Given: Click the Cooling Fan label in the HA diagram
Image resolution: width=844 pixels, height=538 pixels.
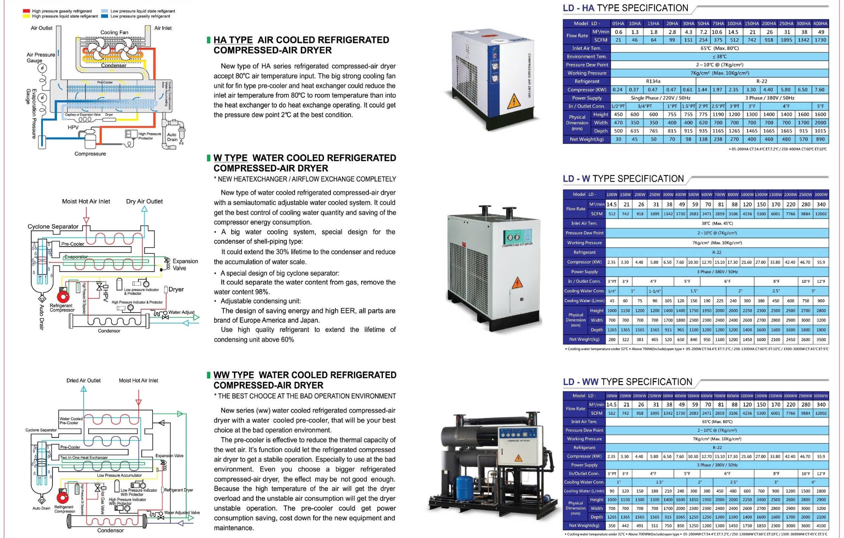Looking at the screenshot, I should click(114, 32).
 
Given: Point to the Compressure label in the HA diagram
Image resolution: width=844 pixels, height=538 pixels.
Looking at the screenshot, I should click(90, 154).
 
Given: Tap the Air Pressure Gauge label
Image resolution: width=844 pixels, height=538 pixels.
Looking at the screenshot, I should click(40, 57).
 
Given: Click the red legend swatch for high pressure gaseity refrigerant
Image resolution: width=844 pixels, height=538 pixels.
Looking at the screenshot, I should click(26, 11).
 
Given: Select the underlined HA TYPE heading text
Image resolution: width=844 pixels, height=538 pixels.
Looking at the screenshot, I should click(233, 40).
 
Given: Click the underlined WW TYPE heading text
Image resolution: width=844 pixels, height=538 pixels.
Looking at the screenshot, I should click(233, 375).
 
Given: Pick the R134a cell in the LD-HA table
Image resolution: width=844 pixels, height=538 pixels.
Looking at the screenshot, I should click(653, 81).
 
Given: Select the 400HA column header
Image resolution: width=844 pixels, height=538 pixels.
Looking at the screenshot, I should click(820, 23).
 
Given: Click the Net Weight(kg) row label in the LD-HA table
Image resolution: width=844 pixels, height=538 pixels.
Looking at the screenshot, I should click(586, 139).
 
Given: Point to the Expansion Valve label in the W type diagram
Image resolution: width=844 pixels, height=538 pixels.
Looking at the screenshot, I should click(185, 265).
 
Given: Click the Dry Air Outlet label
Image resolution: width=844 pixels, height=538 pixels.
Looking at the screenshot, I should click(144, 202).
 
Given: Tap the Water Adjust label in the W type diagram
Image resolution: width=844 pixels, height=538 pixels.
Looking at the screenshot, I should click(181, 312).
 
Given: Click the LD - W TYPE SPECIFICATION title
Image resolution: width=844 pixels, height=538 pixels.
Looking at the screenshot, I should click(623, 179).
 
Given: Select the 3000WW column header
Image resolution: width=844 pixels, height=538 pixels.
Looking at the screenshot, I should click(821, 396).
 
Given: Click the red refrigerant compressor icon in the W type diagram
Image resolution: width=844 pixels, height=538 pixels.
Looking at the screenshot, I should click(63, 296).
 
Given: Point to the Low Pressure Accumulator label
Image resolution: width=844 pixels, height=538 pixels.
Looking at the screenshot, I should click(119, 475).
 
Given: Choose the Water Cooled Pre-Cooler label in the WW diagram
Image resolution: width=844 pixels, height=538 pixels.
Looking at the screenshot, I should click(71, 421).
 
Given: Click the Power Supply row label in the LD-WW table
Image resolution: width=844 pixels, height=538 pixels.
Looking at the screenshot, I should click(584, 465).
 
